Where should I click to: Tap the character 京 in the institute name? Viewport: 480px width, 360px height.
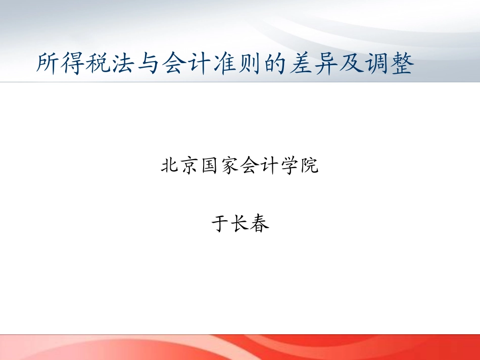point(189,166)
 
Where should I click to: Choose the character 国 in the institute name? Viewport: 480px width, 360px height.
point(210,166)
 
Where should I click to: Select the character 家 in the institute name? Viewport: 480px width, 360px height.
point(230,166)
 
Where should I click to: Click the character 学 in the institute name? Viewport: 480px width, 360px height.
point(290,166)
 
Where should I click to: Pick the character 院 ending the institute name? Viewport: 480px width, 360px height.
point(310,166)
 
